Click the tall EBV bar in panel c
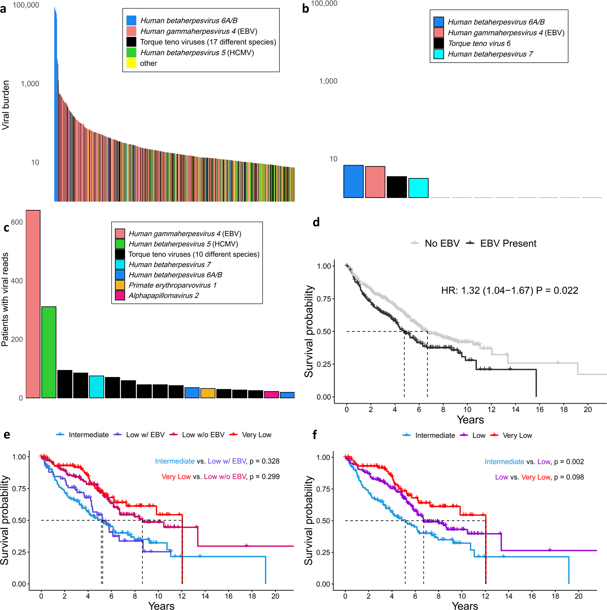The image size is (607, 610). click(33, 304)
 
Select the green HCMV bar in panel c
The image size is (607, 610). click(49, 352)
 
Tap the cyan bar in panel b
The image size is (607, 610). click(418, 188)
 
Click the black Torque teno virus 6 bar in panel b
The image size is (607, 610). click(397, 187)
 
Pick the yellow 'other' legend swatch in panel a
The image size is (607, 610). click(131, 64)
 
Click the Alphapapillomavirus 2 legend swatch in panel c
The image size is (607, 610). click(120, 295)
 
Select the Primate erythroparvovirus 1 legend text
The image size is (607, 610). click(172, 285)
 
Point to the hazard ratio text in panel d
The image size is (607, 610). click(509, 290)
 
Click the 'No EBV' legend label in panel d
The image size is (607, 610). click(442, 243)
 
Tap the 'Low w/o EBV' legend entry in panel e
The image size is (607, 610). click(203, 435)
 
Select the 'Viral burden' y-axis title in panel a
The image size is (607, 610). click(6, 105)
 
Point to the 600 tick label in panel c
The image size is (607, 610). click(17, 222)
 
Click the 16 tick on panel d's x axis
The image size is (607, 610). click(540, 409)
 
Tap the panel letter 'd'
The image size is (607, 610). click(316, 222)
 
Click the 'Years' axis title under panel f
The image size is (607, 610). click(465, 605)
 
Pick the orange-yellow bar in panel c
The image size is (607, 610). click(208, 393)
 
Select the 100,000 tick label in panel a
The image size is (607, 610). click(26, 5)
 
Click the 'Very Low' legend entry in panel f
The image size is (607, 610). click(517, 435)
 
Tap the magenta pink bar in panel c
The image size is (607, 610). click(271, 394)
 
